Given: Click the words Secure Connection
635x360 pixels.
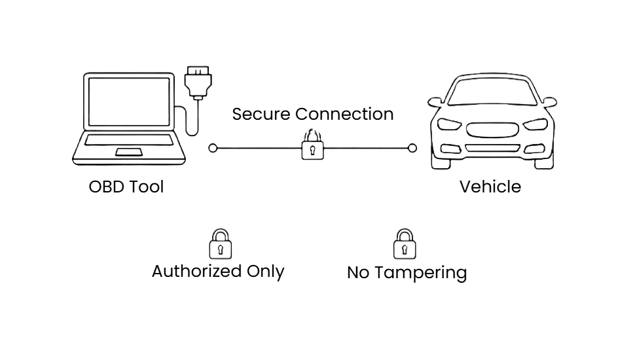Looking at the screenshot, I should point(313,114).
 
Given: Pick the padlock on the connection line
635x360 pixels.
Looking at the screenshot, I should point(312,149).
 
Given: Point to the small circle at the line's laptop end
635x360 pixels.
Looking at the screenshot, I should point(213,148).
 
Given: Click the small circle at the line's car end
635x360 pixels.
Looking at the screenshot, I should point(412,148).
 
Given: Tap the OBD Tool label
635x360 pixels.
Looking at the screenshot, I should point(126,187).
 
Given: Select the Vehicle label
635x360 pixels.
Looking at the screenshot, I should point(490,187).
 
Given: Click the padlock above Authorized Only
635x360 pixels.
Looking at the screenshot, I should point(220,244).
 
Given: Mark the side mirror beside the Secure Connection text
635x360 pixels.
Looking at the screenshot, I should point(435,103).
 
